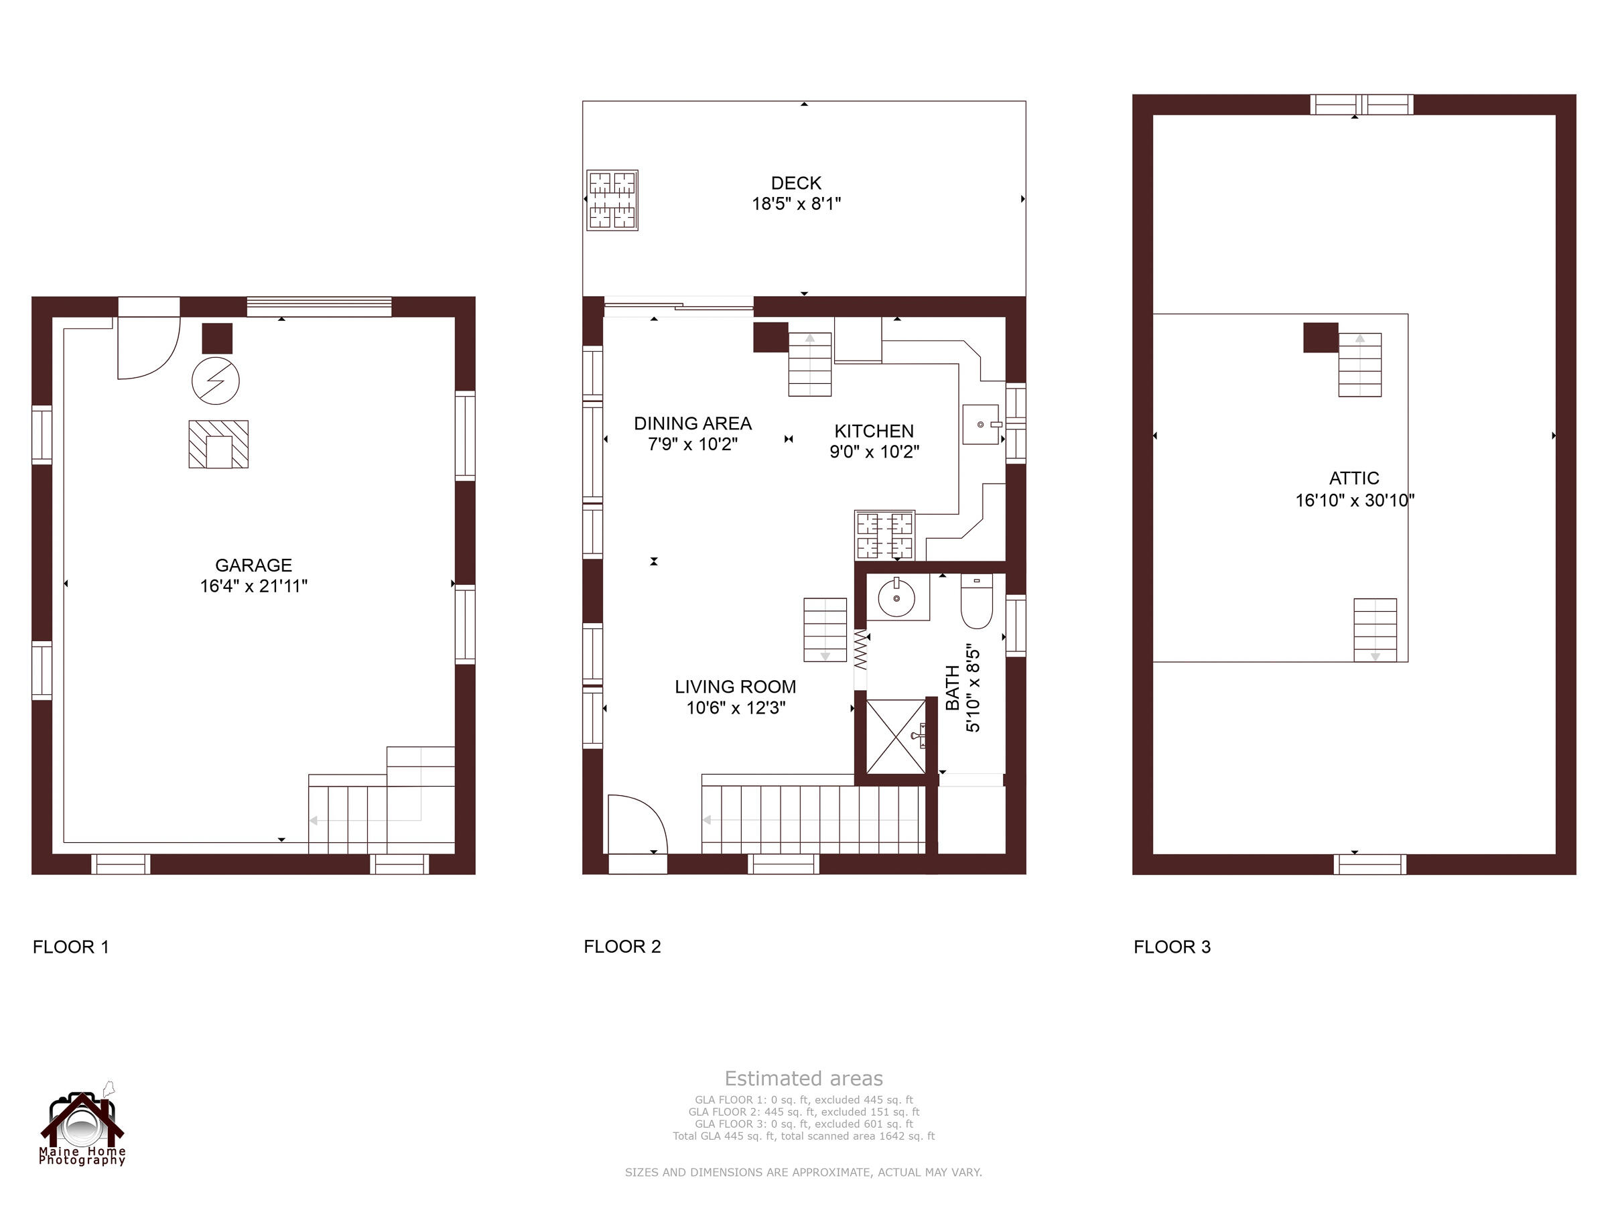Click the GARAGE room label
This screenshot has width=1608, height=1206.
click(253, 565)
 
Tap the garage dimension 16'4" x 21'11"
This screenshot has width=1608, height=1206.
click(253, 586)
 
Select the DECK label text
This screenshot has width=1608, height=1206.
click(796, 183)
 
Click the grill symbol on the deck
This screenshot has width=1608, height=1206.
click(612, 200)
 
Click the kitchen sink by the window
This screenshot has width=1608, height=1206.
click(980, 425)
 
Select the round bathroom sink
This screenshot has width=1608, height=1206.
click(896, 598)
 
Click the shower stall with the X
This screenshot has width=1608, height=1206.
click(896, 736)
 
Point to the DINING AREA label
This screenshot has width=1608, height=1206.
click(692, 423)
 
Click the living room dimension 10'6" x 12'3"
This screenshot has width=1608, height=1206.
click(736, 708)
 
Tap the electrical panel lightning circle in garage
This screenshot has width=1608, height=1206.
click(216, 380)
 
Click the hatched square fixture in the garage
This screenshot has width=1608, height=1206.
click(218, 444)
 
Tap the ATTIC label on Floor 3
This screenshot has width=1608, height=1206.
click(1353, 478)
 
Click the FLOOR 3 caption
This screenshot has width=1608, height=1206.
click(1172, 947)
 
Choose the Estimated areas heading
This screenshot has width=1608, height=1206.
click(803, 1078)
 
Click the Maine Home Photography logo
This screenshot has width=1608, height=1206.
click(82, 1126)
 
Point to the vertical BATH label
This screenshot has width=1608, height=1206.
click(952, 687)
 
